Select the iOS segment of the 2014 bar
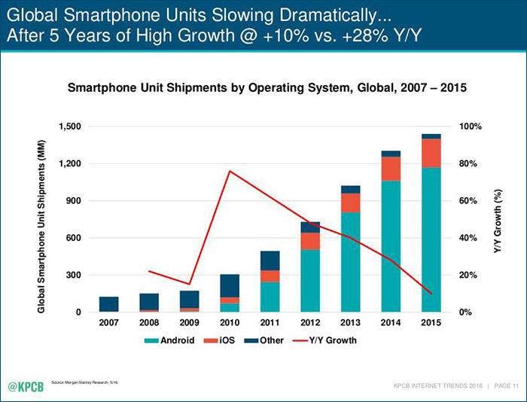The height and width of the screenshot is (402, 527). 391,169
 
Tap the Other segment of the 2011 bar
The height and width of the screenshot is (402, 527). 270,260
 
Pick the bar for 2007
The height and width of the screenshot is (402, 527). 108,304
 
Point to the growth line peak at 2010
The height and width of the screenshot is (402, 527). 229,171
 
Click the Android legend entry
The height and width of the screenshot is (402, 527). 172,340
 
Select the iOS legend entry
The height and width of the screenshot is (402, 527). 226,340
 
